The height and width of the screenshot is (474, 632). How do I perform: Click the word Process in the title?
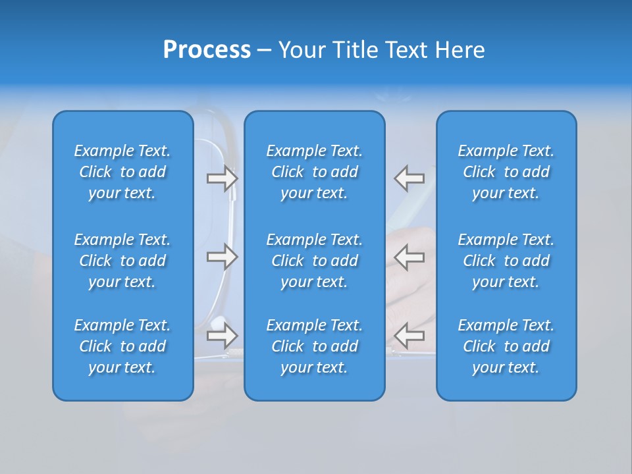pos(207,50)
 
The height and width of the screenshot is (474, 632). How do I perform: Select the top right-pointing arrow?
pos(222,178)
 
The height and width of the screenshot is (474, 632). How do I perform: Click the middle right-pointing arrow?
pos(222,257)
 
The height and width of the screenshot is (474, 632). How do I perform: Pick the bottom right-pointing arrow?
pos(222,336)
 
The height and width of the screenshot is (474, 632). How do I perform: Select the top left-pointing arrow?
pos(409,178)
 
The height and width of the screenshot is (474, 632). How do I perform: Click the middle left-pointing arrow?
pos(409,257)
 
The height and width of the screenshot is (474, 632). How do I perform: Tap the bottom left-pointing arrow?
pos(409,336)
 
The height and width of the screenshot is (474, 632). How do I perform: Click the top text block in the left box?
pos(122,172)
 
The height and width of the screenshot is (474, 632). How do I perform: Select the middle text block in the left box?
pos(122,261)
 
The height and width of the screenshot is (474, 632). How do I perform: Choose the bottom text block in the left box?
pos(122,346)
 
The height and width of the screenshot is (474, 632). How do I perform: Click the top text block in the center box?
pos(314,172)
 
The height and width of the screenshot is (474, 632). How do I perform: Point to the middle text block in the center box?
pos(314,261)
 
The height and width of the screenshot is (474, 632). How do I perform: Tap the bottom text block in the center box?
pos(314,346)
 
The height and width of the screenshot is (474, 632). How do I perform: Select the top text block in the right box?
pos(506,172)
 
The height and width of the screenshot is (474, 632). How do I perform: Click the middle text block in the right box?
pos(506,261)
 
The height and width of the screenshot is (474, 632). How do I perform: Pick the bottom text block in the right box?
pos(506,346)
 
